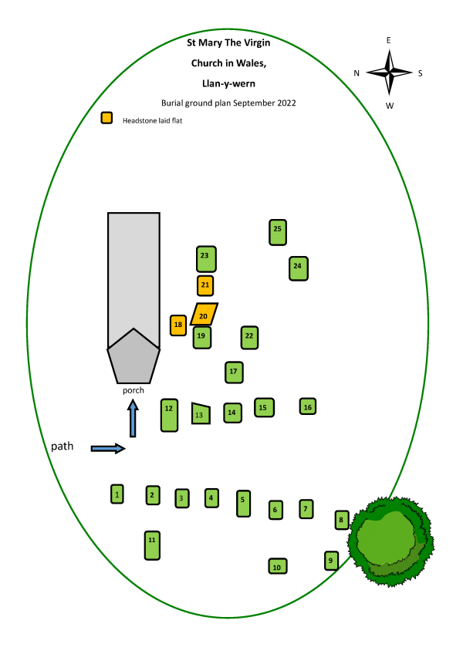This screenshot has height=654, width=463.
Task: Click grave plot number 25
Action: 278,232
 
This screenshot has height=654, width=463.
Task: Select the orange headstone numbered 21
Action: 205,285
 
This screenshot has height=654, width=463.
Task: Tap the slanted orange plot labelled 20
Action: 204,314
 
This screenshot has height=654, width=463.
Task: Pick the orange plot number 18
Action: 177,325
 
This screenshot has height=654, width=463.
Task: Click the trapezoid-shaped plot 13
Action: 201,413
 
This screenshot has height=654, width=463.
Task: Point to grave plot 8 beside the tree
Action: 342,520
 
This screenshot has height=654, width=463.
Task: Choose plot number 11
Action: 152,545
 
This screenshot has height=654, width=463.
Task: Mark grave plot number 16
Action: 308,406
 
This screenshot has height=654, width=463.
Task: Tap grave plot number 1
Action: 117,494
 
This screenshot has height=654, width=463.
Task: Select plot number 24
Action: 299,268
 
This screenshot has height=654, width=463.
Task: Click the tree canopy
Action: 390,541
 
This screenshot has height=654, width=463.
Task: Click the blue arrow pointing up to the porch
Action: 133,418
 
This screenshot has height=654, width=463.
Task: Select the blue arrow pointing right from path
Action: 108,448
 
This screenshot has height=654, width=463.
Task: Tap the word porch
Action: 133,390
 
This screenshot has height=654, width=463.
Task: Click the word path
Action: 63,447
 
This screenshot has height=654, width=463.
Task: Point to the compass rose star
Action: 389,72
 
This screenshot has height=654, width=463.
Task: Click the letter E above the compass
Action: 389,40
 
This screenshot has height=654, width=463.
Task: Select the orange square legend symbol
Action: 107,118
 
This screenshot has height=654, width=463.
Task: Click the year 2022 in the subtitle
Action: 286,103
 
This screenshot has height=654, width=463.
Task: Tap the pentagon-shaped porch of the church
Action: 133,359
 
